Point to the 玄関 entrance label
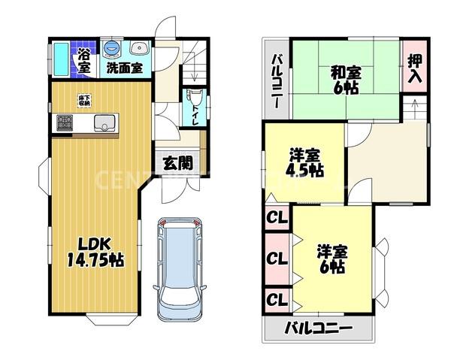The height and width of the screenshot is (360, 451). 177,162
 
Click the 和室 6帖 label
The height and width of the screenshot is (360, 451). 346,79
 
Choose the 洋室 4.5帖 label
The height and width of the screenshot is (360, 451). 306,163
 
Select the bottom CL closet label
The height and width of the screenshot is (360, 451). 277,300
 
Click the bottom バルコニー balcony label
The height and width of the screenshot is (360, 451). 319,328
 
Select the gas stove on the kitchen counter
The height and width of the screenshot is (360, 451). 62,122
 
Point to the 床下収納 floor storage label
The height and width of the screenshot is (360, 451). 84,99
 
